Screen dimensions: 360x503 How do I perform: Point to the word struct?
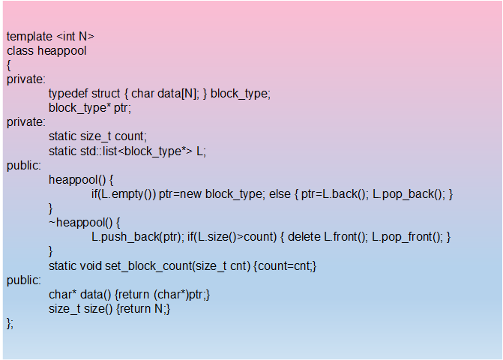[x=106, y=94]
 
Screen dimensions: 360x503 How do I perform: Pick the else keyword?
[x=280, y=194]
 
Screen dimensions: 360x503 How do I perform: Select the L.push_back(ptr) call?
[x=136, y=237]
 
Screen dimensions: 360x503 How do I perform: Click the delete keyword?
[x=305, y=237]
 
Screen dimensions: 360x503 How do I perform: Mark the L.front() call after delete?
[x=345, y=237]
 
